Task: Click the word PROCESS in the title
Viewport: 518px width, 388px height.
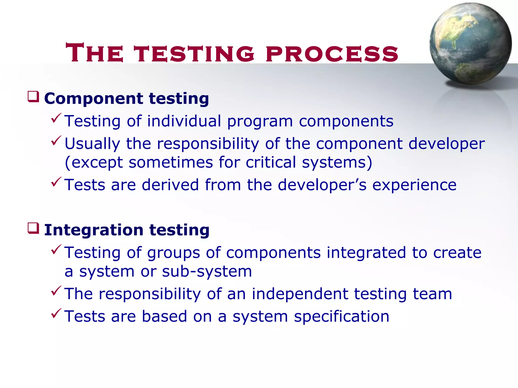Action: coord(332,54)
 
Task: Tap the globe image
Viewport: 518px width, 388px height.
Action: coord(470,44)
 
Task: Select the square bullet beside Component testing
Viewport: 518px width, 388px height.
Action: coord(33,97)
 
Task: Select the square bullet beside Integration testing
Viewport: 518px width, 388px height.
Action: coord(33,228)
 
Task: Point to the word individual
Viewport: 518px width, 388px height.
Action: coord(184,121)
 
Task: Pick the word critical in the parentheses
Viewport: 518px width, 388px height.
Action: coord(271,162)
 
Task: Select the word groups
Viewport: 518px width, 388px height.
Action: coord(174,253)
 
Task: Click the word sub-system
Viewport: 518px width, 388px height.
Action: coord(207,271)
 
